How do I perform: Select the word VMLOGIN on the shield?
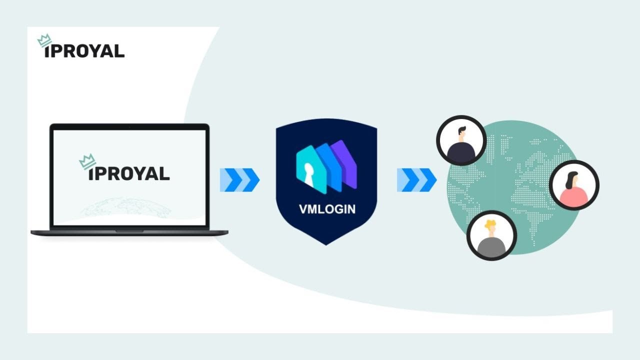click(x=327, y=209)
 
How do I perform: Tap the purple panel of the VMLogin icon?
click(x=348, y=162)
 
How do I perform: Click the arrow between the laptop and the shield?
click(x=239, y=180)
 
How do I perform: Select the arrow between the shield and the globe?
click(x=416, y=180)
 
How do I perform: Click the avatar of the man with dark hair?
click(x=461, y=140)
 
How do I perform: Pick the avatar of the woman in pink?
click(x=573, y=185)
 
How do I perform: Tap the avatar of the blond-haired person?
click(x=491, y=235)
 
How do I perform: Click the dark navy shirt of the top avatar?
click(x=460, y=152)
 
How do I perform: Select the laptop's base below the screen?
click(x=129, y=232)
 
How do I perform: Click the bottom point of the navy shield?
click(x=326, y=243)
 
